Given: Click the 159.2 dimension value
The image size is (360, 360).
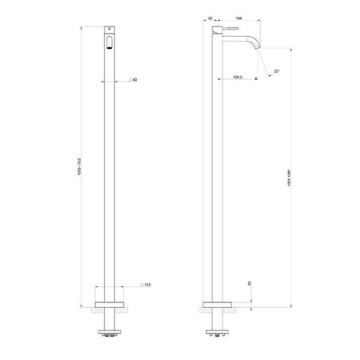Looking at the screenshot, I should pyautogui.click(x=237, y=78).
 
